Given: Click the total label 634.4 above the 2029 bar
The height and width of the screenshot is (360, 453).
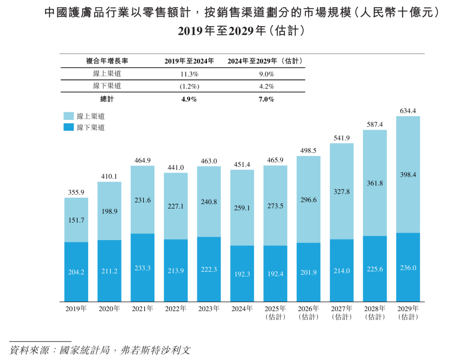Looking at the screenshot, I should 408,111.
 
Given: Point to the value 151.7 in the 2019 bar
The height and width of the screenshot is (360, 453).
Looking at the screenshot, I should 76,220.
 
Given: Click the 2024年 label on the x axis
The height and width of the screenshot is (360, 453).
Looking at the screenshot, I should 242,309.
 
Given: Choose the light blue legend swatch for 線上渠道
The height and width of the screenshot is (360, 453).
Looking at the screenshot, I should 69,116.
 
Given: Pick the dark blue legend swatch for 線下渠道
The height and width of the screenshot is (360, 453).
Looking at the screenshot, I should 69,127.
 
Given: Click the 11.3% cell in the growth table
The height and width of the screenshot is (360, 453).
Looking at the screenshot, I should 189,74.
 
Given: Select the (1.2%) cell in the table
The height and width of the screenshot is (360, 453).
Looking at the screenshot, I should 189,86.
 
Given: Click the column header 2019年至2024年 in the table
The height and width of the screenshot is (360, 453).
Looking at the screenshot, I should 189,61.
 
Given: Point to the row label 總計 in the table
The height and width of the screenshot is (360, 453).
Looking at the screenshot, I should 107,99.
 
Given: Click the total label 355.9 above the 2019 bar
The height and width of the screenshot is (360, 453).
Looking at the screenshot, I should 76,193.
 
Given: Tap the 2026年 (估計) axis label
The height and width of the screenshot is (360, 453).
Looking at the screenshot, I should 309,313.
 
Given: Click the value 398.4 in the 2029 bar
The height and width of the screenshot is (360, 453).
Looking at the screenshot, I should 408,175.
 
